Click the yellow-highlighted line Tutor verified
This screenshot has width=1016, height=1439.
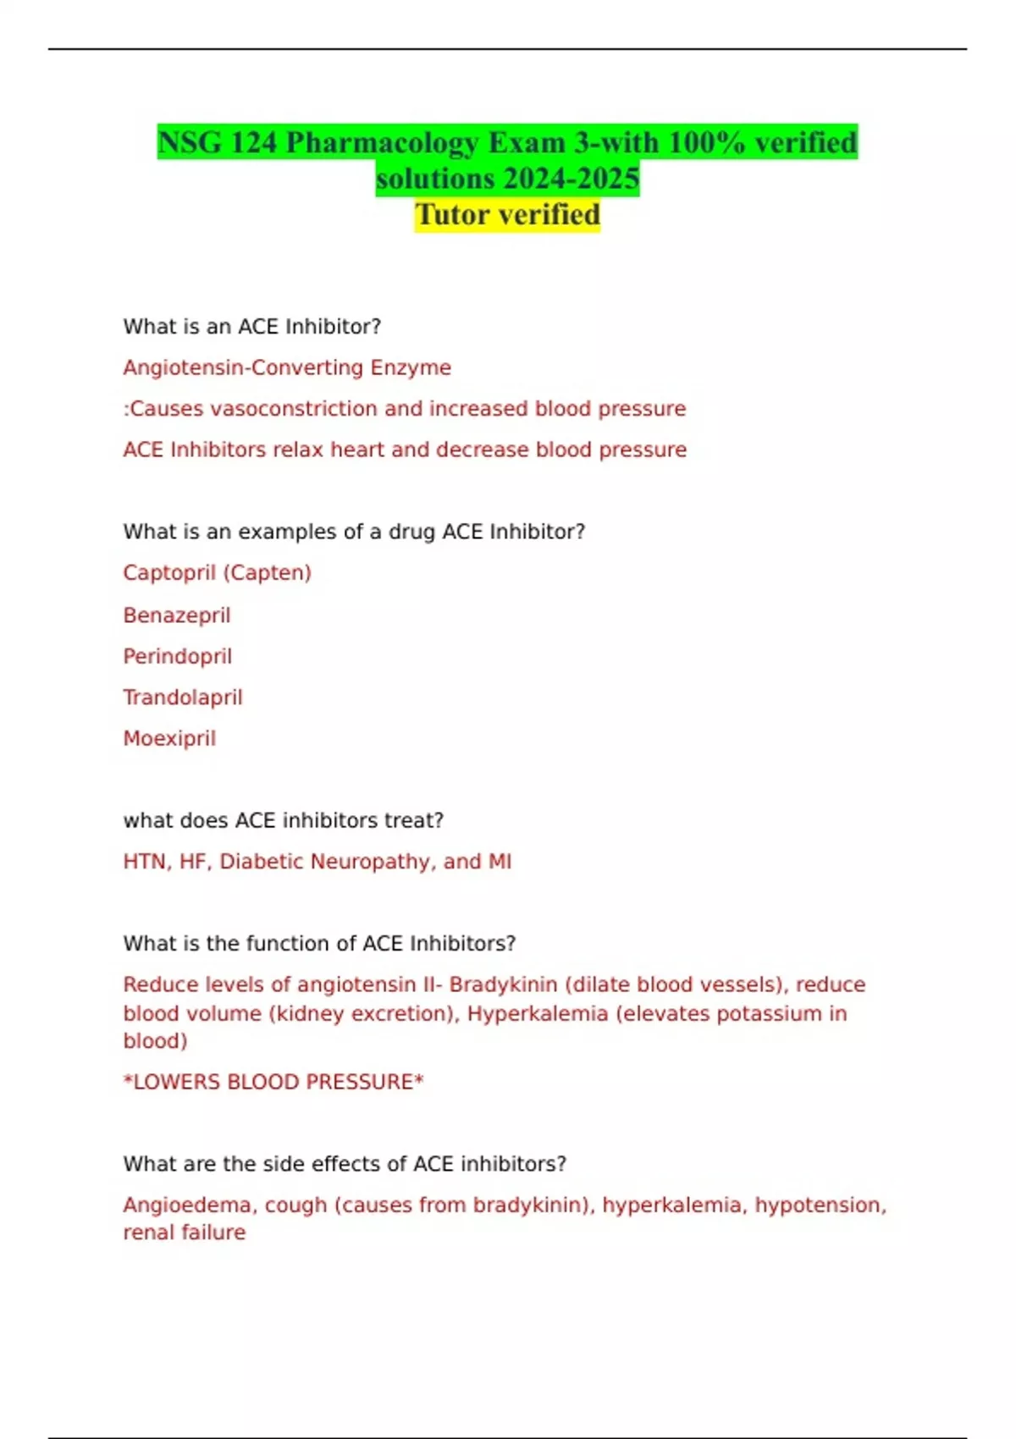coord(507,215)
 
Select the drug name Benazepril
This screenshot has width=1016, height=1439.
coord(176,615)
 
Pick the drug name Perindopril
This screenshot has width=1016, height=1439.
coord(177,656)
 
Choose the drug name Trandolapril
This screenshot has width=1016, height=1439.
coord(182,697)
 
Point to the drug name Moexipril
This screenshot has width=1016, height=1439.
coord(169,738)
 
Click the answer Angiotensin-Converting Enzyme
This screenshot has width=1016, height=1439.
coord(287,367)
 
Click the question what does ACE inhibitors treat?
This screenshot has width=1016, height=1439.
coord(283,820)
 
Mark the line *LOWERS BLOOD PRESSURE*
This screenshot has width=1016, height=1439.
coord(273,1082)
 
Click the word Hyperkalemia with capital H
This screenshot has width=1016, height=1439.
coord(538,1013)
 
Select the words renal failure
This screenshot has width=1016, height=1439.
coord(184,1232)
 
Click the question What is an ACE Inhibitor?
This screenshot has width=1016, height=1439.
coord(251,327)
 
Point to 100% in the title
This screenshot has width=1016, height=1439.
coord(706,142)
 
